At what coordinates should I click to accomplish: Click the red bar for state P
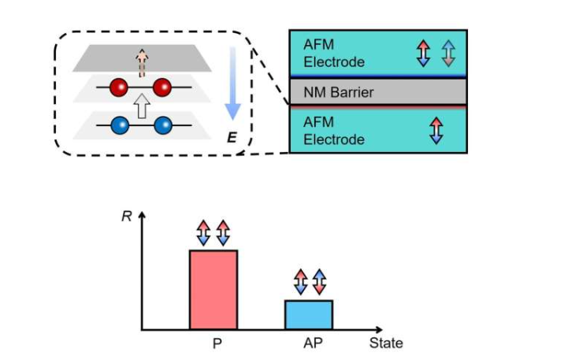pos(213,289)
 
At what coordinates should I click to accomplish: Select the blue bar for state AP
pos(309,314)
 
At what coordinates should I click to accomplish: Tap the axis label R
pos(126,214)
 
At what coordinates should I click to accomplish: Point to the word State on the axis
pos(386,343)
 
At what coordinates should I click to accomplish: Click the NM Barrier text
pos(339,92)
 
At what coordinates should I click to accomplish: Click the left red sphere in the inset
pos(120,87)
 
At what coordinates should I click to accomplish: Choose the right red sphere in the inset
pos(163,87)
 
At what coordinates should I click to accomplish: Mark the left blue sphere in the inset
pos(120,124)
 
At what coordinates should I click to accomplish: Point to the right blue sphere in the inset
pos(163,124)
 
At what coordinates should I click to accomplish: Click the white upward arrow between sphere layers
pos(142,106)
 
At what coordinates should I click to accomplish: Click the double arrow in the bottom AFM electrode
pos(434,130)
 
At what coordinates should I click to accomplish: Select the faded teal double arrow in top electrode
pos(447,54)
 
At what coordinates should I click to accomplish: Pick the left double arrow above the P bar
pos(204,234)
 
